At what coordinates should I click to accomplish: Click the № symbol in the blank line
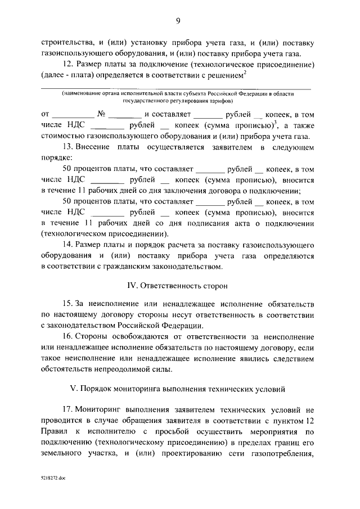102,113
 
